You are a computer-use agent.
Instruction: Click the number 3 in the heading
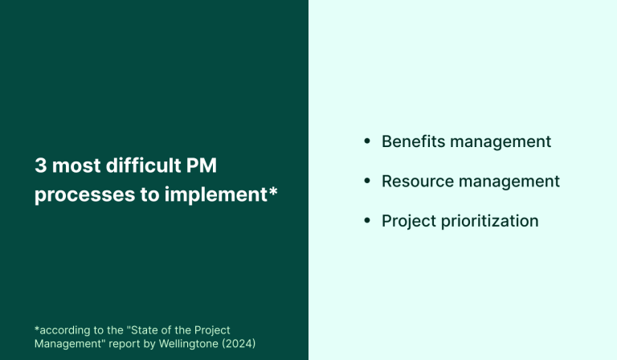(x=40, y=166)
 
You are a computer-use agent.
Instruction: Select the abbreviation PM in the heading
(x=202, y=166)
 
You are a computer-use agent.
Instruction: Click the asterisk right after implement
(x=273, y=192)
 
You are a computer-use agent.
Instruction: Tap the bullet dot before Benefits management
(x=367, y=141)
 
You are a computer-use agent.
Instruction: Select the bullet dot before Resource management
(x=367, y=181)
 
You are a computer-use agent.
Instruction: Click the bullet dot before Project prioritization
(x=367, y=220)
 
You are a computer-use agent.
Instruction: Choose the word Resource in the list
(x=415, y=181)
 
